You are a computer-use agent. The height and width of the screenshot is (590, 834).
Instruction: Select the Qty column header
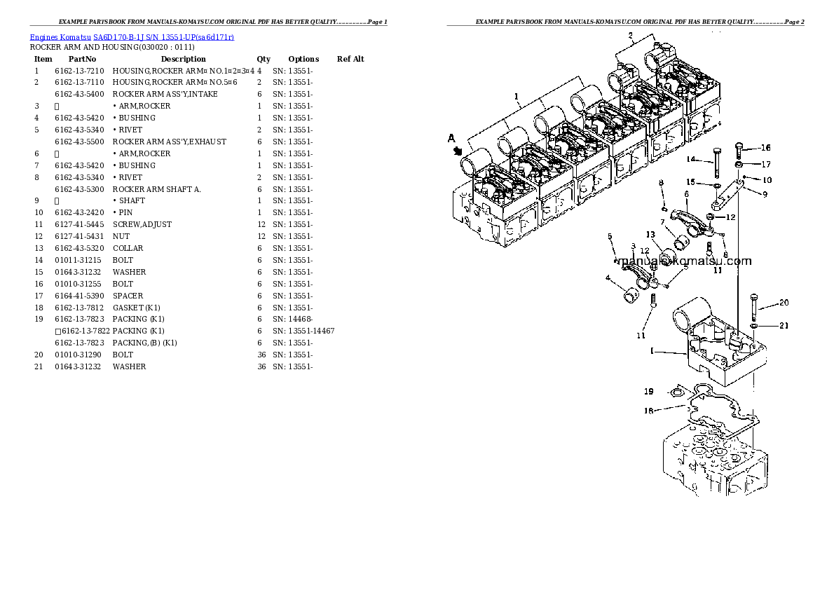coord(264,59)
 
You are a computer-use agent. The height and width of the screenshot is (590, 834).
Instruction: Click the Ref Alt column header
coord(350,59)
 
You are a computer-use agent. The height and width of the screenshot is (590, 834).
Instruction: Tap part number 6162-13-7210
coord(79,71)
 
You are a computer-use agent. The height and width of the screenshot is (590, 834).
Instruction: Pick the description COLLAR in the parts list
coord(128,248)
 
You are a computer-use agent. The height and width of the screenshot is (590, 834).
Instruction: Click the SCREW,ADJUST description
coord(142,224)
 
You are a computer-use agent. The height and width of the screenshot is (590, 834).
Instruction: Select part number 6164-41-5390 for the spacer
coord(79,296)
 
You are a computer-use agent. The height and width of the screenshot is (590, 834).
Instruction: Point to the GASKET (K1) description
coord(137,308)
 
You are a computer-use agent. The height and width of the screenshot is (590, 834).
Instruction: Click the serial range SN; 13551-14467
coord(303,331)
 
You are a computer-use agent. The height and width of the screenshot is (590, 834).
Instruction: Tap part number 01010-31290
coord(79,355)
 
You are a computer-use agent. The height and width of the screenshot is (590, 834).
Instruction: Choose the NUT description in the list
coord(121,236)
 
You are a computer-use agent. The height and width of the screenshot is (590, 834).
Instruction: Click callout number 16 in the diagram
coord(765,148)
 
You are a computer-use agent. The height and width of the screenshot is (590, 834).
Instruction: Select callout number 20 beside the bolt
coord(784,303)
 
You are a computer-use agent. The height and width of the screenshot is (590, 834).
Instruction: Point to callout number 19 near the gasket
coord(648,391)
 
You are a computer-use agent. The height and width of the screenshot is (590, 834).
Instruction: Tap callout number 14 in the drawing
coord(690,159)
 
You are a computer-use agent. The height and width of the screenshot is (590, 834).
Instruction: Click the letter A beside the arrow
coord(452,139)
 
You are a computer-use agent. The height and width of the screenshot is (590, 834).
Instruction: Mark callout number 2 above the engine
coord(630,35)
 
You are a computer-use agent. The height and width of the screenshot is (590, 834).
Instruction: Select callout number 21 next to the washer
coord(784,325)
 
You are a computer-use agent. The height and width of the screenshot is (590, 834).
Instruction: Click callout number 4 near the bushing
coord(608,278)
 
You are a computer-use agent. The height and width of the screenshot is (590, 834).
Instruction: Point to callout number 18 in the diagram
coord(648,411)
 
